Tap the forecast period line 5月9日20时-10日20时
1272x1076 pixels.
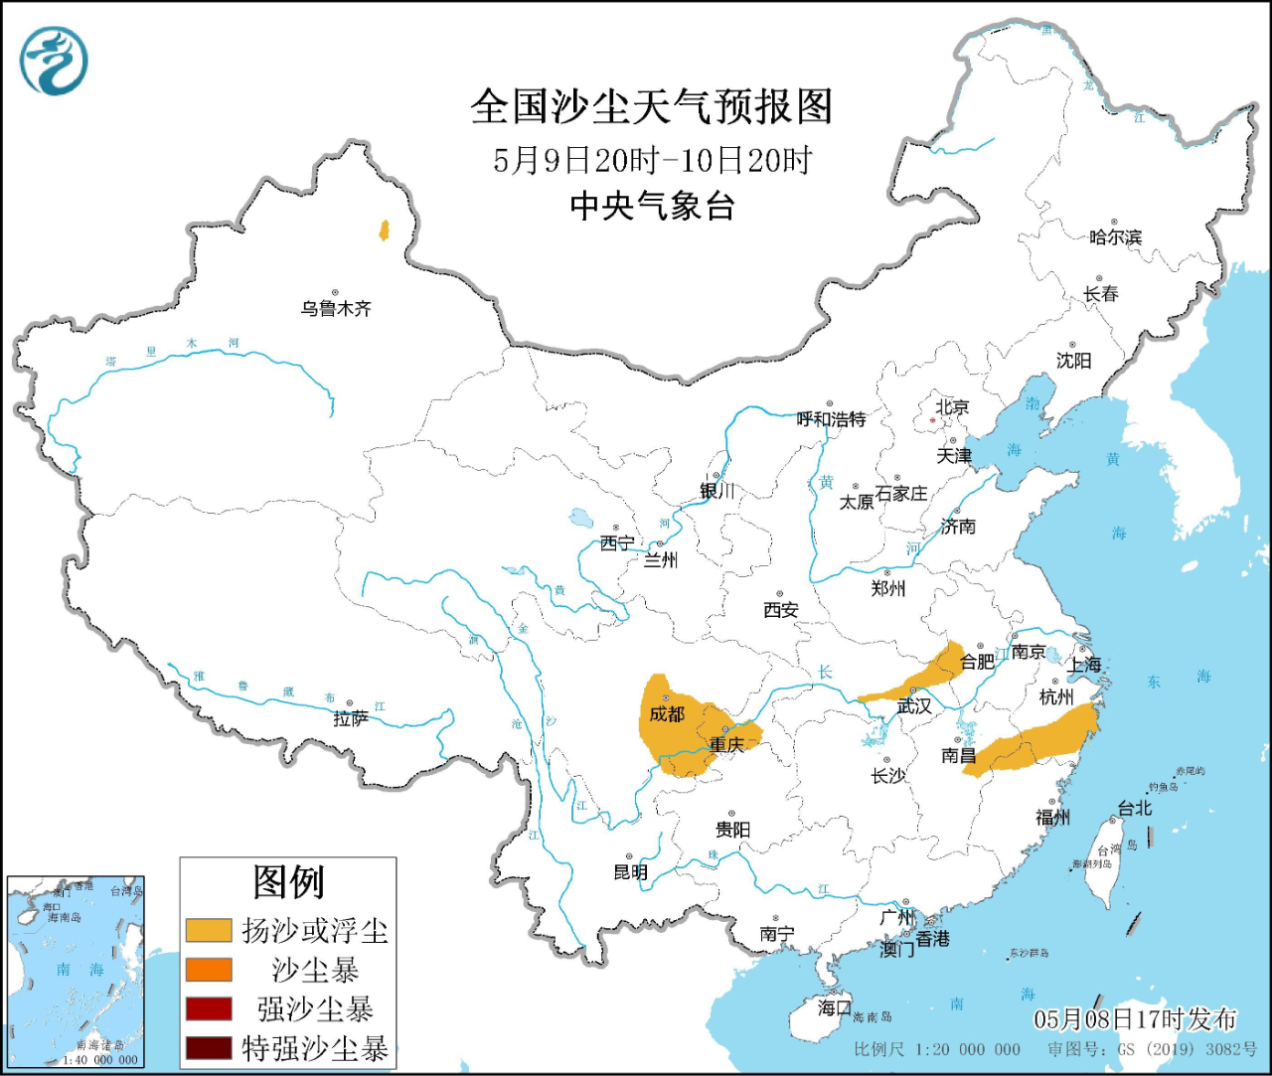click(652, 160)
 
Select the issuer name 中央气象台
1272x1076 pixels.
click(652, 206)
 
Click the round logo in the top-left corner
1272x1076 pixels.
click(54, 61)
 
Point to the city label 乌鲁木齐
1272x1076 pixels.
click(336, 309)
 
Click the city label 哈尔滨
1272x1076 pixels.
click(1115, 237)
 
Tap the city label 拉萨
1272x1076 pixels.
click(350, 718)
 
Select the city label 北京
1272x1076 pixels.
click(951, 407)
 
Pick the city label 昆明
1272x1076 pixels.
click(630, 872)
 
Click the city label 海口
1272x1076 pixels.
click(834, 1007)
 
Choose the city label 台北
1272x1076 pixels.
click(1134, 809)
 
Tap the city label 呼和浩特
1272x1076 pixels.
click(831, 419)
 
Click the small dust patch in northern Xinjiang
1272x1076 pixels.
click(383, 231)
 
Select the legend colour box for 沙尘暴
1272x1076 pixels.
click(209, 970)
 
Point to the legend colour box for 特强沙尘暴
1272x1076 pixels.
click(209, 1048)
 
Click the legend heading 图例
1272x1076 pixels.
click(288, 881)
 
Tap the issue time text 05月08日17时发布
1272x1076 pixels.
click(1135, 1018)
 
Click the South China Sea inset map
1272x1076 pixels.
click(76, 972)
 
